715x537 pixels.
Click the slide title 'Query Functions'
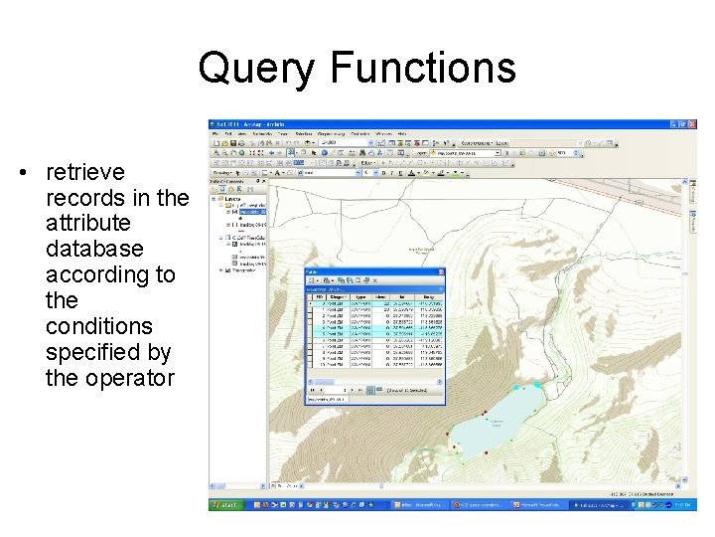357,68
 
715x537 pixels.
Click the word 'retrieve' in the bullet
85,172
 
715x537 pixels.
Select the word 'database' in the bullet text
94,249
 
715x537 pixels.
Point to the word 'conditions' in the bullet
99,326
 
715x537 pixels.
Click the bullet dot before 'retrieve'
21,173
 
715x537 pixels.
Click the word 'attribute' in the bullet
88,223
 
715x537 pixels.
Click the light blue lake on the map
497,418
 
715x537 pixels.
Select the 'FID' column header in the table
320,295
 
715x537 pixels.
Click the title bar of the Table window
372,271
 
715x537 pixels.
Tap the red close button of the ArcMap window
692,124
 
